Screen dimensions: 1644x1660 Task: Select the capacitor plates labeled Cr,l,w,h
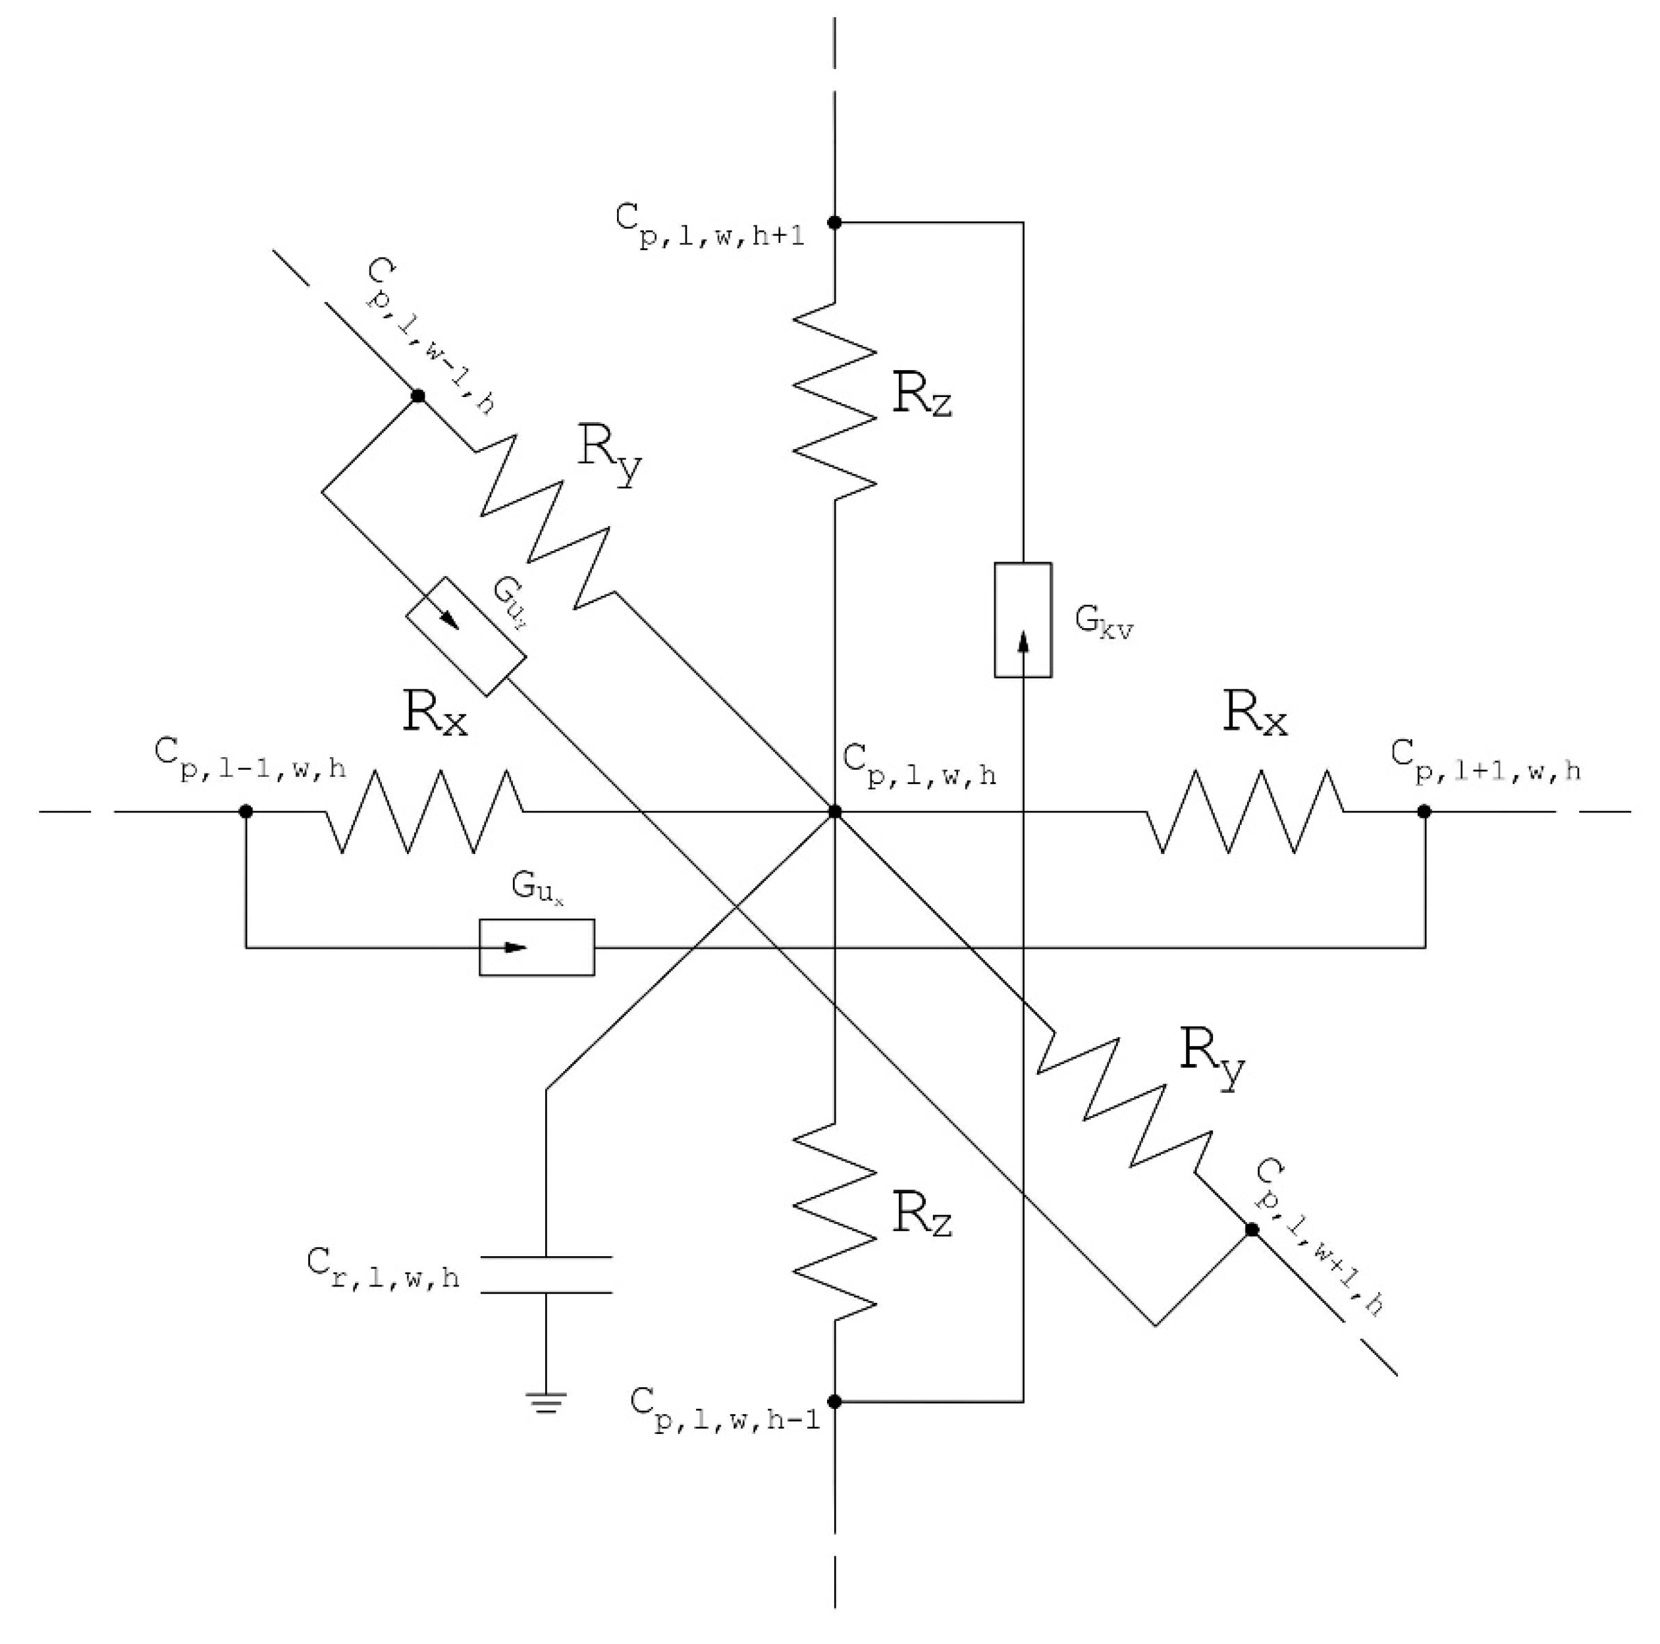[547, 1275]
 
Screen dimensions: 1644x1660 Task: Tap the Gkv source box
[1023, 620]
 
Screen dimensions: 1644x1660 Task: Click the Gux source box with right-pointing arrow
[536, 947]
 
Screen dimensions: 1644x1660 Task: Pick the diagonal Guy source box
[465, 637]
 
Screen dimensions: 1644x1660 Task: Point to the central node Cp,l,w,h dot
[834, 812]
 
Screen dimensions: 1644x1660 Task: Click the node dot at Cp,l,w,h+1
[834, 223]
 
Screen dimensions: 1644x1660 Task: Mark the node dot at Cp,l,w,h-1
[834, 1402]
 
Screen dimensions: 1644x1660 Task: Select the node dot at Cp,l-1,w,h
[246, 812]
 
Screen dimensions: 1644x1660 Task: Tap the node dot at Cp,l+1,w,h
[1424, 812]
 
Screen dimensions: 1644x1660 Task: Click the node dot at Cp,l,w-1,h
[417, 396]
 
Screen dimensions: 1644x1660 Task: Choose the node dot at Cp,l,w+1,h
[1252, 1230]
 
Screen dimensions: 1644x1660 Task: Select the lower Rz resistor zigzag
[834, 1220]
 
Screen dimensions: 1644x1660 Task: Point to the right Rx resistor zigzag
[1245, 812]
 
